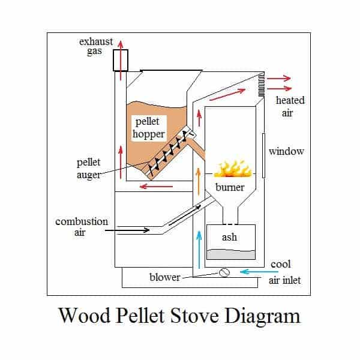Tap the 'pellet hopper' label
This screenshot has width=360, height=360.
pos(148,128)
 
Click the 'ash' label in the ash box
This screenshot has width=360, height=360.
pos(229,236)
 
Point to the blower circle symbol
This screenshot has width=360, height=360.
pos(224,272)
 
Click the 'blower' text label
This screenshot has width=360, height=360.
pos(164,277)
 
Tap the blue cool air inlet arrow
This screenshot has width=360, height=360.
pos(253,272)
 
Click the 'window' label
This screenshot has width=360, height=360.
pos(286,151)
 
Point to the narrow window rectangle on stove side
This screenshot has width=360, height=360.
pos(263,153)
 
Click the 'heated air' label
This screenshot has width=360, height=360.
pos(290,106)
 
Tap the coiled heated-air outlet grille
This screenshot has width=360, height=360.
pos(261,84)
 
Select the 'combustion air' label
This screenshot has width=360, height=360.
pos(82,227)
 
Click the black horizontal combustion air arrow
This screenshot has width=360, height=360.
pos(132,229)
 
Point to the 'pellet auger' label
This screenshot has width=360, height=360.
pos(89,168)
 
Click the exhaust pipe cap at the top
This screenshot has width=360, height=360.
pos(121,60)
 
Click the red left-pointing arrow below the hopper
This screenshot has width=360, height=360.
pos(156,186)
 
